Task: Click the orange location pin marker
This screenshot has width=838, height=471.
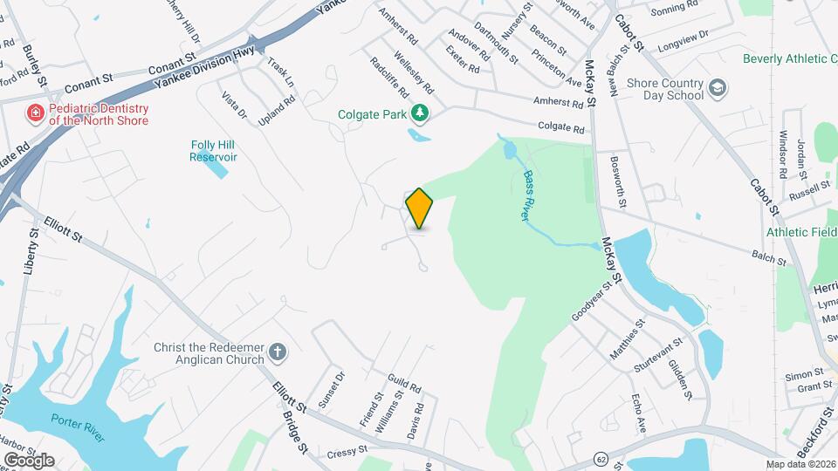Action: tap(420, 208)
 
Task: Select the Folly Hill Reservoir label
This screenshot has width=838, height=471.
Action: tap(214, 151)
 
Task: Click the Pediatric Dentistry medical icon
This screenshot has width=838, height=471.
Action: tap(35, 113)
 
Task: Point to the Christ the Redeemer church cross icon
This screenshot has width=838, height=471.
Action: tap(278, 352)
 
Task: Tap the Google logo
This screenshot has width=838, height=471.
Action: tap(29, 460)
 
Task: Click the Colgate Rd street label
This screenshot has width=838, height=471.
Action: tap(560, 126)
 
